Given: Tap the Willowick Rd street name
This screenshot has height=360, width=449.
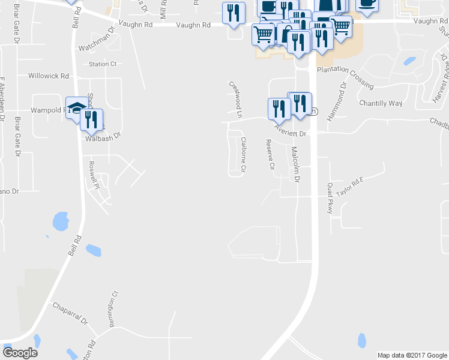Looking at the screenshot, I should (x=49, y=76).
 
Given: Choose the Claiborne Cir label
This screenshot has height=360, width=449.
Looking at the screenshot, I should (x=244, y=155).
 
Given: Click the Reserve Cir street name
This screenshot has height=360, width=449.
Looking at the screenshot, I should (x=270, y=154).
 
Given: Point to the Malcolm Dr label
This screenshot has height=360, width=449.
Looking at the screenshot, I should (x=295, y=164).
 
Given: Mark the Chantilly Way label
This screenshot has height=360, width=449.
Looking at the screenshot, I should (x=381, y=103).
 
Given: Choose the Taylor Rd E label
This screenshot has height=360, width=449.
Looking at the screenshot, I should (x=351, y=187).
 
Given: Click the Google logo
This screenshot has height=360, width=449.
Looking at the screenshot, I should (x=20, y=352).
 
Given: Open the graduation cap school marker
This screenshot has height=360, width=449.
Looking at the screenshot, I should (x=76, y=109).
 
